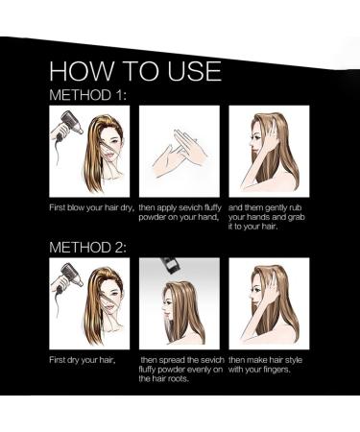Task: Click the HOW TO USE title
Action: click(135, 70)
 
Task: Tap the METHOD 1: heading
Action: click(88, 95)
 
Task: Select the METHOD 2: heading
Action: click(88, 248)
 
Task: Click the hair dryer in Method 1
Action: click(68, 126)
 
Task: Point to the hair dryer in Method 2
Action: click(68, 277)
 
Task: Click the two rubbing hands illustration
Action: click(180, 153)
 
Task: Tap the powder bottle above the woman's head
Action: click(168, 266)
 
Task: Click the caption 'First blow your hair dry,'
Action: click(91, 207)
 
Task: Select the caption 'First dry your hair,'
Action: click(83, 360)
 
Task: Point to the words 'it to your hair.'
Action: click(252, 227)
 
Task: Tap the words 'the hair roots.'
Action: click(163, 379)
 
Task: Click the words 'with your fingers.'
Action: click(259, 370)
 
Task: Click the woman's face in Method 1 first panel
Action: click(111, 146)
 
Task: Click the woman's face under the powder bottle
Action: click(167, 306)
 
